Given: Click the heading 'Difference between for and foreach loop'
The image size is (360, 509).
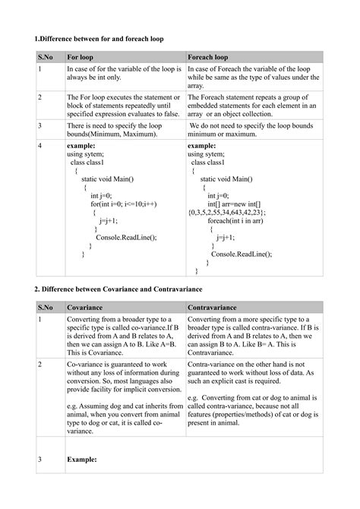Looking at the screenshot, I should click(99, 38).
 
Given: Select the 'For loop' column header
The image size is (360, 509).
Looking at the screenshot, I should click(82, 56).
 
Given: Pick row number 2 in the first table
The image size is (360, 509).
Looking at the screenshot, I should click(39, 98).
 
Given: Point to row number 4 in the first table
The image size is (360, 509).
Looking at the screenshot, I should click(39, 144).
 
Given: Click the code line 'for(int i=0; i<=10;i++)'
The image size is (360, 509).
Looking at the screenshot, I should click(124, 204).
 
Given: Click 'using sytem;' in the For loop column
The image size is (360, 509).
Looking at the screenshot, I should click(85, 153).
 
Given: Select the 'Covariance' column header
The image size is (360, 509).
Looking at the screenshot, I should click(86, 308).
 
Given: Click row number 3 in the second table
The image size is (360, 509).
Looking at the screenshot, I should click(39, 460).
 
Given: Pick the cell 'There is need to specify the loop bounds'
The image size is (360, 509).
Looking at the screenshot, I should click(122, 128).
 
